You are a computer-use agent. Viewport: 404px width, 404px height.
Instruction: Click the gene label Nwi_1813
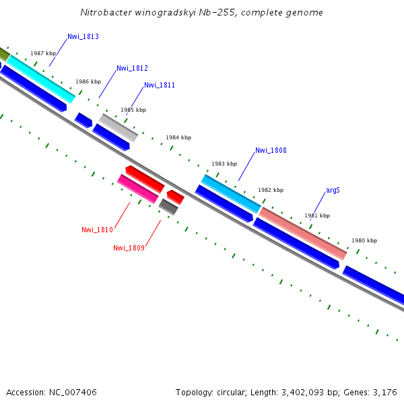[x=83, y=36]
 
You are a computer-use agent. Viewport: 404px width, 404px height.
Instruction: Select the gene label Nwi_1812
[x=132, y=68]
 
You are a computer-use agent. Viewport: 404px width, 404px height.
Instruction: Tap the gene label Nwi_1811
[x=160, y=85]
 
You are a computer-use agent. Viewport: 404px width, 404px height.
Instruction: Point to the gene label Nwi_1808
[x=271, y=150]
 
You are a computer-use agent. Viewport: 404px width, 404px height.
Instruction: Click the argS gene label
[x=333, y=190]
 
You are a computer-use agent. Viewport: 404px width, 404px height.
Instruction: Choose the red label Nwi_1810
[x=97, y=230]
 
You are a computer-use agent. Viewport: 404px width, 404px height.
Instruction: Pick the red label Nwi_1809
[x=129, y=248]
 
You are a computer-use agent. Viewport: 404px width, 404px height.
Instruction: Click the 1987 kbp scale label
[x=43, y=53]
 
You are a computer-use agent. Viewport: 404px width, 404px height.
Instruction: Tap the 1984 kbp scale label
[x=178, y=137]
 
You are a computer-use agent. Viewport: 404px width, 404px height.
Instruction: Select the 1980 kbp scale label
[x=364, y=240]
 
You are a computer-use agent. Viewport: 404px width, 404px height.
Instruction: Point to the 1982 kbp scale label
[x=271, y=190]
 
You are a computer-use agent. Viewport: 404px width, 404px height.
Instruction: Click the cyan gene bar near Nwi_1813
[x=40, y=79]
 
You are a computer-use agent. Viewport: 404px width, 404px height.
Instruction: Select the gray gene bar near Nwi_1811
[x=119, y=127]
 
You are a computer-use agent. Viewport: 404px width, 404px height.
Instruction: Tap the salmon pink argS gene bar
[x=303, y=233]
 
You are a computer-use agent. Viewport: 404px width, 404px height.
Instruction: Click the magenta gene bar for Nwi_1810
[x=138, y=189]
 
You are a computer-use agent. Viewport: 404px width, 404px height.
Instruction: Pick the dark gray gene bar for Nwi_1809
[x=168, y=207]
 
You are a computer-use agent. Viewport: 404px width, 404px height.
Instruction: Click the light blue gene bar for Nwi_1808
[x=230, y=193]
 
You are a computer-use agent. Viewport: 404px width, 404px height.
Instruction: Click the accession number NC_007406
[x=73, y=392]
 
